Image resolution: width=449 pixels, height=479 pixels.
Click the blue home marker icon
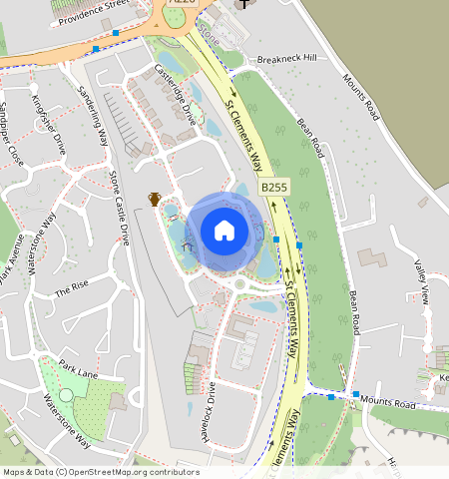tap(224, 231)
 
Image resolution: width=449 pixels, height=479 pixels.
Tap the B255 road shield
tap(274, 187)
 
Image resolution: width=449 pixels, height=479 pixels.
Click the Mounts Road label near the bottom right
tap(389, 403)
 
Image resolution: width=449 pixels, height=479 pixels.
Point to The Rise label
tap(72, 290)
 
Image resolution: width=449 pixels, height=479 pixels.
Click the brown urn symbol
tap(155, 198)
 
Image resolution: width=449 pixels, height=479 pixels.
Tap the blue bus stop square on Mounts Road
tap(356, 394)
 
